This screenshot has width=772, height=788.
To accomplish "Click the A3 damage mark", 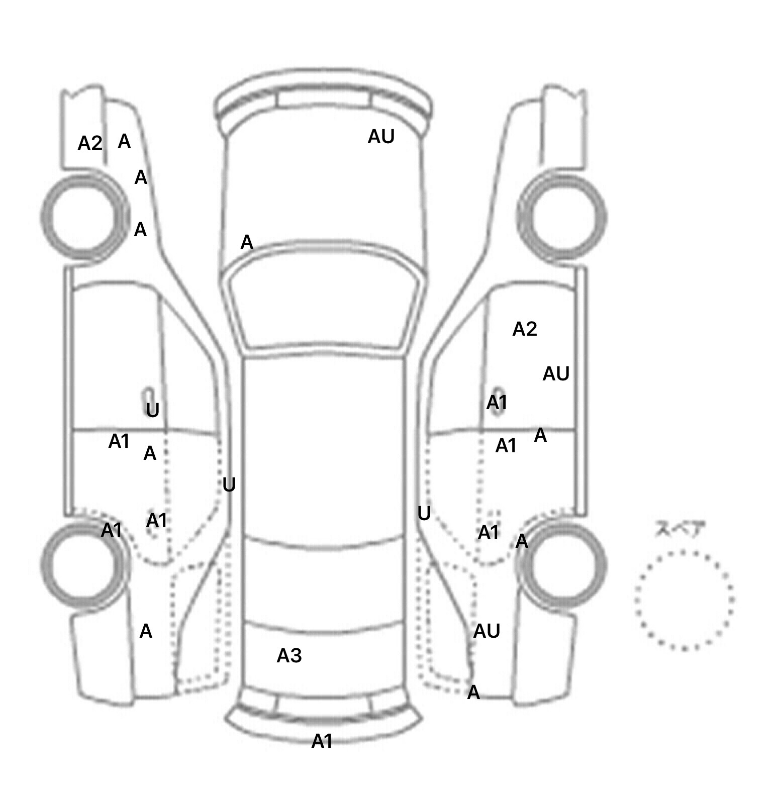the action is click(289, 655).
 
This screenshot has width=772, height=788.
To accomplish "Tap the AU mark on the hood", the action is click(381, 137).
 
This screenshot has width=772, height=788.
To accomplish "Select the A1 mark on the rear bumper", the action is click(322, 741).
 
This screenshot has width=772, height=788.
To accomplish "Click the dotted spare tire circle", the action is click(685, 600).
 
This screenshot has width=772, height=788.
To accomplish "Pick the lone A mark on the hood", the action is click(247, 243).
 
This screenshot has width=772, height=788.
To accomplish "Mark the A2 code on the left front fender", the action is click(90, 143).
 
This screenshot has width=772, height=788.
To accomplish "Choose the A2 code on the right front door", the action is click(525, 329).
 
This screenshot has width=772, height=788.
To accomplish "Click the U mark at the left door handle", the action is click(152, 411).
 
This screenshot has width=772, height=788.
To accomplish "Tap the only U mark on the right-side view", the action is click(424, 514).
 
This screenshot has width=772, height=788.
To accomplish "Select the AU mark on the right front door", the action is click(556, 374).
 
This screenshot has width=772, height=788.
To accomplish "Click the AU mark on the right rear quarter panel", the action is click(487, 631).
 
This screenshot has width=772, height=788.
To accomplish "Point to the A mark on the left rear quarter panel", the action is click(146, 631).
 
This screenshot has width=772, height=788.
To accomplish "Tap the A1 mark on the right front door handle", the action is click(497, 403).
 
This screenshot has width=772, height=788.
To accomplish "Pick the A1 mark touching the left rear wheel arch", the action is click(112, 530).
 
